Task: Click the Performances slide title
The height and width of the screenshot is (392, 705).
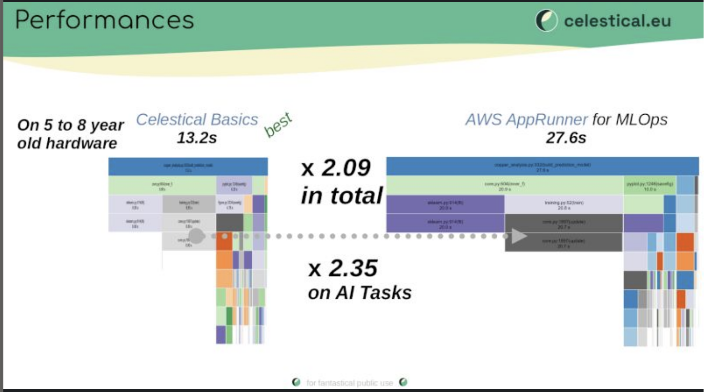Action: click(105, 20)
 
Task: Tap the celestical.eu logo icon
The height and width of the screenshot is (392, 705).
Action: click(546, 21)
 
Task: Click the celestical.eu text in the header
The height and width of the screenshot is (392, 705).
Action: click(617, 21)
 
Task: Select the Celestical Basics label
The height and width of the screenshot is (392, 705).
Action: click(197, 120)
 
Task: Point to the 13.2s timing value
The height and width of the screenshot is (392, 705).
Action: click(197, 138)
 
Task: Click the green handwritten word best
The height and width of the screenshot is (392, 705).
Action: click(278, 125)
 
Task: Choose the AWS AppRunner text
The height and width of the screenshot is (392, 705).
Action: click(526, 120)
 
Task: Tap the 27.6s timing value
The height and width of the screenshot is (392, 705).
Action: click(566, 138)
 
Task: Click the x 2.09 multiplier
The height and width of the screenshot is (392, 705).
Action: click(336, 168)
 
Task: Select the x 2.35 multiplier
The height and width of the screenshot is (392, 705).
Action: click(343, 268)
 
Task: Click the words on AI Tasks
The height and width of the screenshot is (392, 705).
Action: click(360, 293)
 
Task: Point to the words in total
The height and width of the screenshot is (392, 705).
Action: click(342, 196)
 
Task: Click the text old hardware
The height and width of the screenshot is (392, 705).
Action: click(67, 143)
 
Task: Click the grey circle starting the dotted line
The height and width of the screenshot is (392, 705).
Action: click(196, 236)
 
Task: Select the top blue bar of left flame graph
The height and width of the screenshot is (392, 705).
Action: click(188, 167)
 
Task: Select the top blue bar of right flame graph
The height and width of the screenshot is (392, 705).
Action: click(542, 166)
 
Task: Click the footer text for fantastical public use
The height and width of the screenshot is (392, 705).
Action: click(350, 382)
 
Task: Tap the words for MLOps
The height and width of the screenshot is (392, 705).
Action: click(630, 120)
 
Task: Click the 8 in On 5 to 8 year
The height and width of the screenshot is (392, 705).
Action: click(81, 125)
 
